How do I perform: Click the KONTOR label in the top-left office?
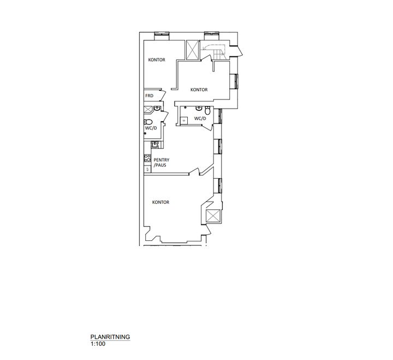click(x=157, y=60)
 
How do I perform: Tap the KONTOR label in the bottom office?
click(x=160, y=202)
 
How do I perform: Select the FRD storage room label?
click(x=149, y=96)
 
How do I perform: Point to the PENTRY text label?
click(x=162, y=160)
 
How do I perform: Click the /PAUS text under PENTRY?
click(x=160, y=165)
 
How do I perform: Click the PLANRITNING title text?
click(x=110, y=337)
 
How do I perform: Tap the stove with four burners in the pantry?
click(x=147, y=158)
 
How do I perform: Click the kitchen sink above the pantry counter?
click(x=155, y=145)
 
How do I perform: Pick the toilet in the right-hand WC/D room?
click(x=207, y=110)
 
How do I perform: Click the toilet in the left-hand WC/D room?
click(x=148, y=122)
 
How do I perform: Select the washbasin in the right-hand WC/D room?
click(x=199, y=108)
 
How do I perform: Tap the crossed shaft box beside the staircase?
click(x=193, y=50)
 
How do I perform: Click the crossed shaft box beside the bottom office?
click(x=213, y=216)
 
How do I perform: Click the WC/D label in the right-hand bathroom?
click(x=200, y=119)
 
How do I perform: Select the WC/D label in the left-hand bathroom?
click(x=151, y=128)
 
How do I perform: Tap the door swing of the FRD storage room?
click(x=163, y=96)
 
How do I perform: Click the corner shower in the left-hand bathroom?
click(x=148, y=110)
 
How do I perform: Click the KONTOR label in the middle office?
click(x=199, y=90)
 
